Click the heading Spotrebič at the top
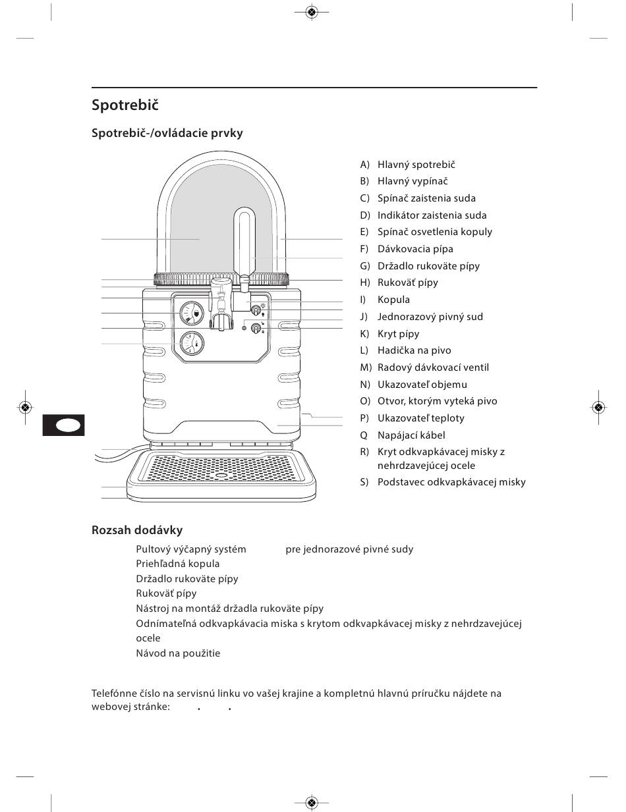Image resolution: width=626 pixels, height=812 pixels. pyautogui.click(x=125, y=105)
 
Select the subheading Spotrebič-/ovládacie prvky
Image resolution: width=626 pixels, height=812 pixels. pyautogui.click(x=167, y=133)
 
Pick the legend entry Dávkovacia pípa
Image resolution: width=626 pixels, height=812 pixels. pyautogui.click(x=415, y=249)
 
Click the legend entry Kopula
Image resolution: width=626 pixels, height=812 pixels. pyautogui.click(x=393, y=300)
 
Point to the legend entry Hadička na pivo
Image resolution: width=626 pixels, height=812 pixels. pyautogui.click(x=414, y=350)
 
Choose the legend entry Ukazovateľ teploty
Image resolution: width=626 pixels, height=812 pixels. pyautogui.click(x=421, y=418)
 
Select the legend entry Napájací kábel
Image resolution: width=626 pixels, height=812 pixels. pyautogui.click(x=411, y=435)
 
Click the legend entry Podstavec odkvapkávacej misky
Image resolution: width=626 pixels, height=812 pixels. pyautogui.click(x=451, y=482)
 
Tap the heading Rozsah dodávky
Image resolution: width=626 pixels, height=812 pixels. pyautogui.click(x=137, y=530)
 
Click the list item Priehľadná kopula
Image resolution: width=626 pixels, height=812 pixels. pyautogui.click(x=177, y=564)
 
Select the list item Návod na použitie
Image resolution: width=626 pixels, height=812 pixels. pyautogui.click(x=178, y=653)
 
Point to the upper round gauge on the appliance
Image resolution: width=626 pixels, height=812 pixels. pyautogui.click(x=192, y=313)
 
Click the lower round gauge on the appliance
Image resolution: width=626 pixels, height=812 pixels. pyautogui.click(x=192, y=343)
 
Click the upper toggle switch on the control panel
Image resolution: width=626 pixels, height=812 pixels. pyautogui.click(x=256, y=310)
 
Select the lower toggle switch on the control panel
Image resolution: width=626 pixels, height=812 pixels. pyautogui.click(x=256, y=329)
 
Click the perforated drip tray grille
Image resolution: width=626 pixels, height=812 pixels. pyautogui.click(x=221, y=467)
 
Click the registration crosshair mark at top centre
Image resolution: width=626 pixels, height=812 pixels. pyautogui.click(x=312, y=13)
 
